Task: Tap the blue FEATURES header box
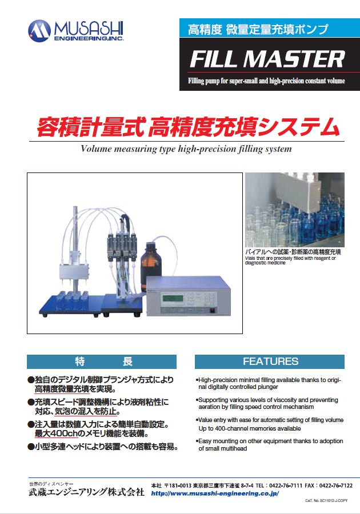pyautogui.click(x=270, y=362)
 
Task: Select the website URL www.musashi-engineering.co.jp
pyautogui.click(x=215, y=493)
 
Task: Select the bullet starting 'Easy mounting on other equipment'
pyautogui.click(x=270, y=445)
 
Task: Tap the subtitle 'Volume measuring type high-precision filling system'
pyautogui.click(x=186, y=149)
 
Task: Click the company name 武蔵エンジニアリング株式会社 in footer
pyautogui.click(x=86, y=492)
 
